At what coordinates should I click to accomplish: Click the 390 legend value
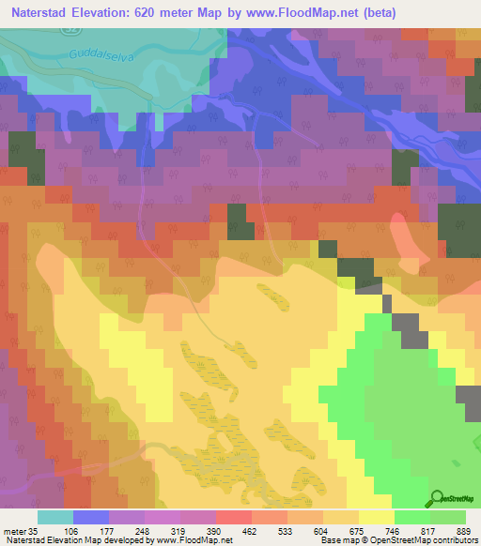(215, 531)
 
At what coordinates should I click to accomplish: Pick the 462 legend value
(251, 531)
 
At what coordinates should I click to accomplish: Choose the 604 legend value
(322, 531)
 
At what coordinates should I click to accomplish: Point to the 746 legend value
(394, 531)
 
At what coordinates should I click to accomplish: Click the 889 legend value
(464, 531)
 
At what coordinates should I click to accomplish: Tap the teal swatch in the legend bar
(54, 517)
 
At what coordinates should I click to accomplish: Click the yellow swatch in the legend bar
(376, 517)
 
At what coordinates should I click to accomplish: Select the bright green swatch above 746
(411, 517)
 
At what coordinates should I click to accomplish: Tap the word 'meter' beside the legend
(12, 531)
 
